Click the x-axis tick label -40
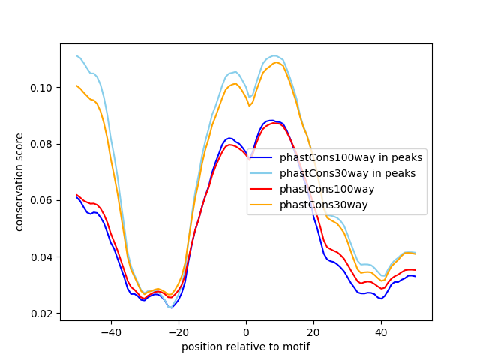[x=110, y=331]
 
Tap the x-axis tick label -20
[x=178, y=331]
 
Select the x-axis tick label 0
[x=246, y=331]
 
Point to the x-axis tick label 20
[x=313, y=331]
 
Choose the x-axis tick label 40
[x=381, y=331]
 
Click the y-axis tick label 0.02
[x=40, y=313]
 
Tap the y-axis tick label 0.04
[x=40, y=257]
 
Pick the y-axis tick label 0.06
[x=40, y=200]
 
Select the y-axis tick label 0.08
[x=40, y=144]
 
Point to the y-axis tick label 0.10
[x=40, y=88]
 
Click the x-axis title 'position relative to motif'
[x=245, y=346]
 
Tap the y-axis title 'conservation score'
[x=19, y=182]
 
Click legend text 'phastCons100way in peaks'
[x=351, y=158]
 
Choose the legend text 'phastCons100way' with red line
[x=327, y=190]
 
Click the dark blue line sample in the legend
[x=262, y=158]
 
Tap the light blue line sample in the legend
[x=262, y=174]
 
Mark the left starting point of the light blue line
[x=76, y=55]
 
